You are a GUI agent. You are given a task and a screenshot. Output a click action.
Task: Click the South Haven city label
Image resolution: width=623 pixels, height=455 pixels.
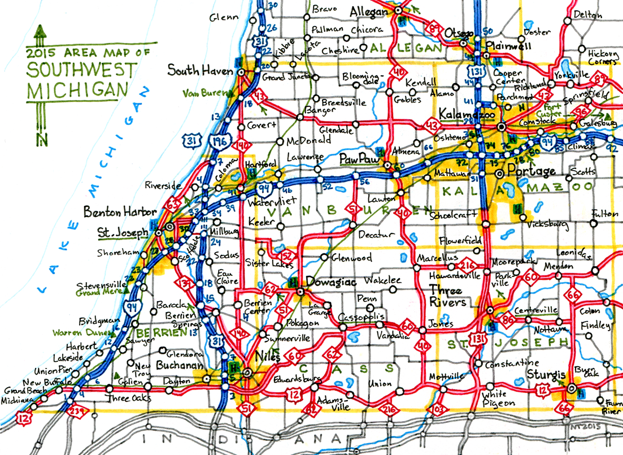tap(200, 71)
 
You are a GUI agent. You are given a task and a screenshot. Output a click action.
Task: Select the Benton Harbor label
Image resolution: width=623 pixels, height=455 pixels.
tap(120, 213)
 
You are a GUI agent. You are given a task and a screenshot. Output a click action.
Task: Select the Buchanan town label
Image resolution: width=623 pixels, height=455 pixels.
tap(180, 366)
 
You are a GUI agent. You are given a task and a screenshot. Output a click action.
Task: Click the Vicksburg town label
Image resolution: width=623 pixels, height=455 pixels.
tap(547, 224)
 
